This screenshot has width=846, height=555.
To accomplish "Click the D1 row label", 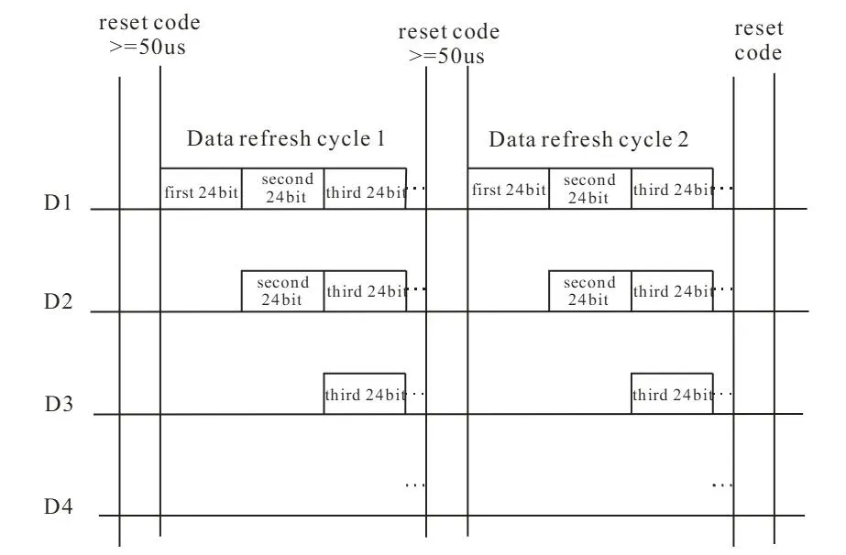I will coord(59,201).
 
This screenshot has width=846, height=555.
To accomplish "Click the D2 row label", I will coord(59,301).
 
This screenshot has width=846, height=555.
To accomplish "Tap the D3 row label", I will coord(59,404).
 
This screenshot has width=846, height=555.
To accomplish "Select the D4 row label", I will coord(59,506).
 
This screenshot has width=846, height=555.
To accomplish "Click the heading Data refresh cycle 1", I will coord(285,140).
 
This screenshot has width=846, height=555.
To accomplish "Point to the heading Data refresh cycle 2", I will coord(588,140).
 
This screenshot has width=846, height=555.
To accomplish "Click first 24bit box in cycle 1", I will coord(201,190).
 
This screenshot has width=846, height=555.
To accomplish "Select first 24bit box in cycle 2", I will coord(508,190).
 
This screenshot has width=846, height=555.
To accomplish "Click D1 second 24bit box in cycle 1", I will coord(282,190).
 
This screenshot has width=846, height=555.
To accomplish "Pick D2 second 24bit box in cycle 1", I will coord(282,291).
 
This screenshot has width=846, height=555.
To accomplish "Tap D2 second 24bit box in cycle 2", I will coord(589,291).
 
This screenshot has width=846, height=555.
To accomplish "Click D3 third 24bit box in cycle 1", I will coord(364,395).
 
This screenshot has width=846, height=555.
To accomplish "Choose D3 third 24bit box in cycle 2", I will coord(671,395).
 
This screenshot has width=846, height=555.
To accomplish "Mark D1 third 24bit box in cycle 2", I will coord(671,190).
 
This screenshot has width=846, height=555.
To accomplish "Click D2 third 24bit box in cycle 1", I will coord(364,291).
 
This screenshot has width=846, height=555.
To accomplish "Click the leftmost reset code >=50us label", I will coord(149,34).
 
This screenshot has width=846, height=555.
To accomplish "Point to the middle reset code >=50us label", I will coord(448,43).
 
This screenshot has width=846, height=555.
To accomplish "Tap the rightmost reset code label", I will coord(758,41).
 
